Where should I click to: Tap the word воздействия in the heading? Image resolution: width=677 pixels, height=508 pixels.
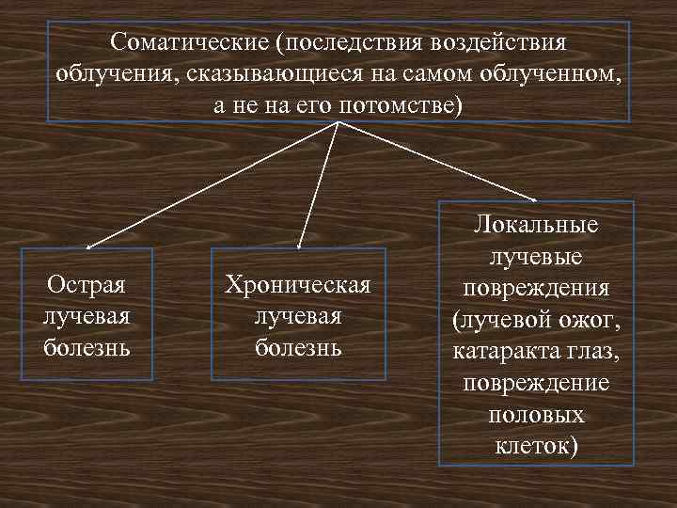pos(499,43)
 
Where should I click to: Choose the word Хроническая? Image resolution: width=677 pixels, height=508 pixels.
pos(297,285)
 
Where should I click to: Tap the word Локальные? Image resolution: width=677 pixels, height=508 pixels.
pos(538,226)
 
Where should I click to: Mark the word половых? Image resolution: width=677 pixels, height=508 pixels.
pos(538,414)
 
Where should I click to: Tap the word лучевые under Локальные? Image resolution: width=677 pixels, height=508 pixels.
pos(538,257)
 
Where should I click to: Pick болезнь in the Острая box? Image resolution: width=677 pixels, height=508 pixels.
pos(87,347)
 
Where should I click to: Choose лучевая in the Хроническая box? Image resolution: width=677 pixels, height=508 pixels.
pos(297,316)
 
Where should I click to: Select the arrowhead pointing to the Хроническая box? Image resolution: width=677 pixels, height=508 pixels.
pos(298,246)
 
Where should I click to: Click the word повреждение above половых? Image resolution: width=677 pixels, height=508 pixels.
pos(538,383)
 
